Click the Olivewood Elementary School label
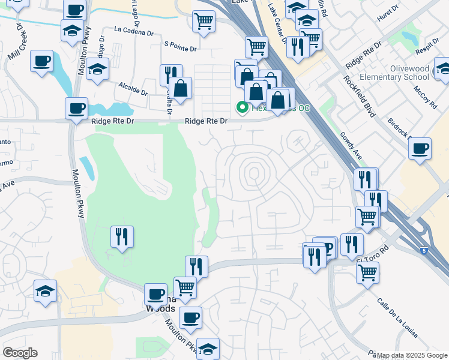pyautogui.click(x=410, y=73)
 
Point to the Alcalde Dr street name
pyautogui.click(x=133, y=89)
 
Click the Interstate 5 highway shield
pyautogui.click(x=424, y=249)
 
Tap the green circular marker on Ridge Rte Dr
pyautogui.click(x=243, y=107)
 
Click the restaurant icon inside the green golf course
pyautogui.click(x=122, y=237)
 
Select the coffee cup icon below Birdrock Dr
pyautogui.click(x=420, y=148)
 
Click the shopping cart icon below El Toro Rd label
pyautogui.click(x=367, y=273)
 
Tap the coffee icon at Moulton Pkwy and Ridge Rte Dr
pyautogui.click(x=76, y=109)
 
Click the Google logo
pyautogui.click(x=20, y=353)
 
